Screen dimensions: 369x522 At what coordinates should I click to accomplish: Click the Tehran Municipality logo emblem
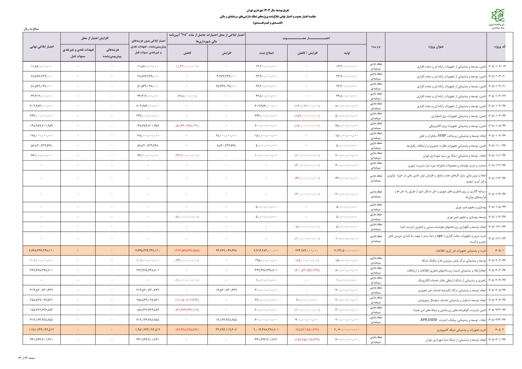coord(498,16)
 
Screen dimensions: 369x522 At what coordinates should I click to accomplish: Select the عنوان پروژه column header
coord(436,47)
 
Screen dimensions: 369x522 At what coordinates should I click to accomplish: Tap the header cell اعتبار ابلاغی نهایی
coord(42,47)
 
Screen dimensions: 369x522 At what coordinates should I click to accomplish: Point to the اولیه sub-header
coord(347,53)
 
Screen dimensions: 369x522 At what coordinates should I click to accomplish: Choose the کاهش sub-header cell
coord(187,53)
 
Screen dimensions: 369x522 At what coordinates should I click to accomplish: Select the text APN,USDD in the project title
coord(428,320)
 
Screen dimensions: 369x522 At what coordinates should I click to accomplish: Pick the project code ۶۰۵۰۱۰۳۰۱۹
coord(497,66)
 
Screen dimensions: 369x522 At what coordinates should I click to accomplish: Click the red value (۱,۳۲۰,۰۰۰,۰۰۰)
coord(187,66)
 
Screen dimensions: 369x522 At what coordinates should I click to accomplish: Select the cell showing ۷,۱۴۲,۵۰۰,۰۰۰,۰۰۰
coord(347,251)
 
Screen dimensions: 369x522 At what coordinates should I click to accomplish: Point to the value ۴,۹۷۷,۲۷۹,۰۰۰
coord(226,76)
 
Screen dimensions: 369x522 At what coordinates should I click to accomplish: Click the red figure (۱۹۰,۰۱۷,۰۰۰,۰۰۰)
coord(307,106)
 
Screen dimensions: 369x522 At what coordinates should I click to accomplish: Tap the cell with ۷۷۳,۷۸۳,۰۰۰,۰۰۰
coord(307,251)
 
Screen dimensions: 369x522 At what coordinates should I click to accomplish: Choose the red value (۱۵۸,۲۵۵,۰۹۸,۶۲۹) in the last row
coord(307,340)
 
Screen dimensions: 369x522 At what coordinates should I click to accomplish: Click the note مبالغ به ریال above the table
coord(31,29)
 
